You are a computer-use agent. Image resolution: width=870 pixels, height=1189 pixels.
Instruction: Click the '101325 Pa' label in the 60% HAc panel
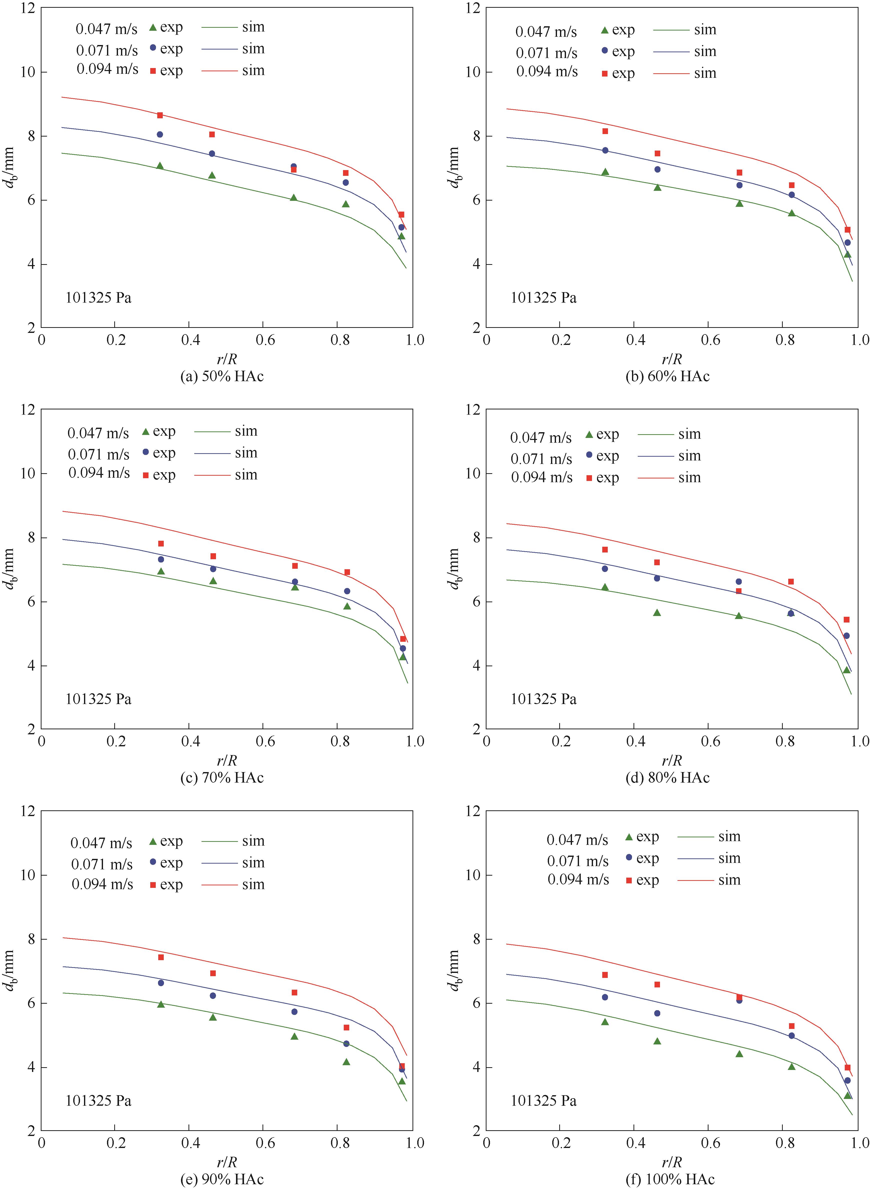543,298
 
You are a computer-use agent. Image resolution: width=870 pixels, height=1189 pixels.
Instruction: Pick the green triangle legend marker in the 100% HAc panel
628,837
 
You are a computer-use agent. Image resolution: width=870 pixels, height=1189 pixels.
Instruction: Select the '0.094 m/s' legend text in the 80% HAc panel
541,478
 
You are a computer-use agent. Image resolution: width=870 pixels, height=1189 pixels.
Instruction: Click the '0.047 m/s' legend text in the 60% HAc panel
546,32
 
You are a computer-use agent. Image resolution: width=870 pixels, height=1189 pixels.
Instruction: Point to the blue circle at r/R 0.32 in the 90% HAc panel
160,983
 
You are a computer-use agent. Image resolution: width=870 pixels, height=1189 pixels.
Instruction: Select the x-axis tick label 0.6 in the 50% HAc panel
265,340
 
